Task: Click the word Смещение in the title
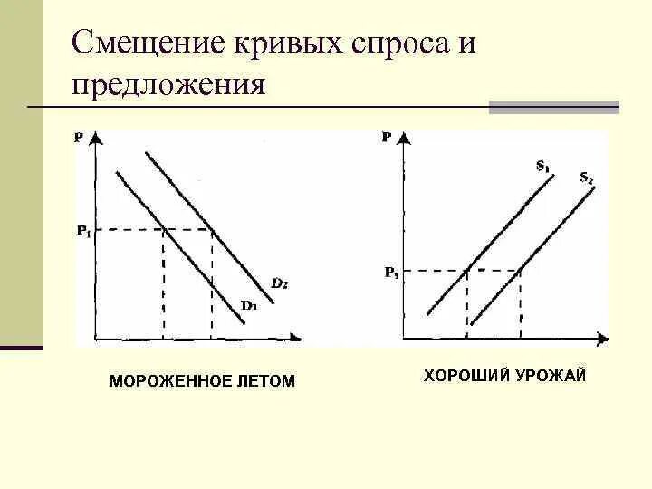pos(146,44)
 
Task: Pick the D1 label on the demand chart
pos(249,304)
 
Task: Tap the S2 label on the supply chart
pos(586,177)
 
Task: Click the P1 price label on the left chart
pos(83,231)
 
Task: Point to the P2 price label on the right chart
pos(390,271)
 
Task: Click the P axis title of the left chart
pos(79,138)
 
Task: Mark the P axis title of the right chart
pos(387,138)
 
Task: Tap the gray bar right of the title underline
pos(554,107)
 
